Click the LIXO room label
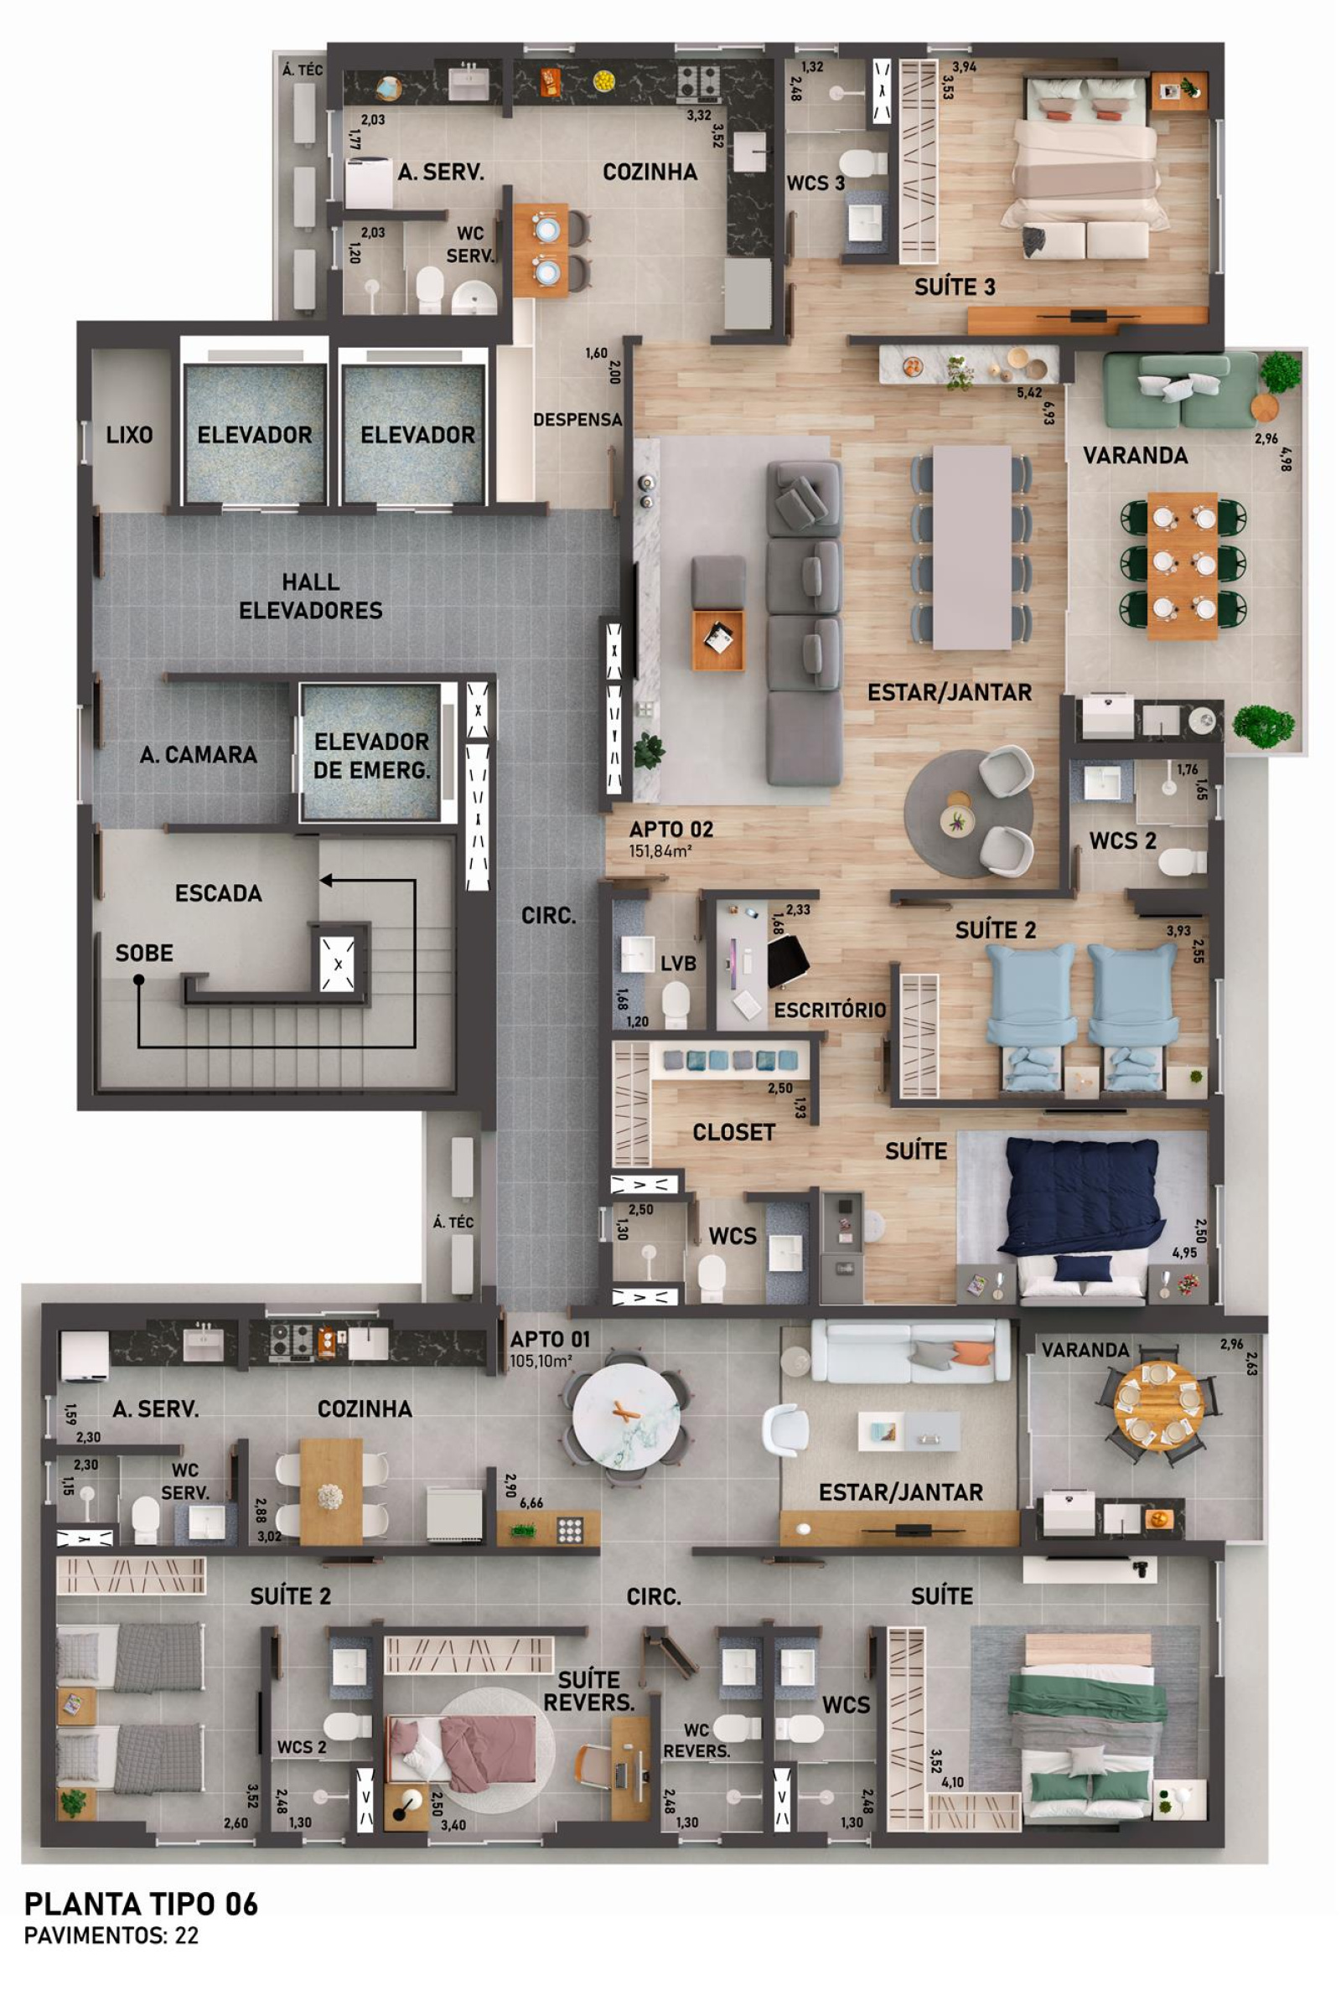click(x=129, y=434)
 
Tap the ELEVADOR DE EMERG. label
click(x=371, y=755)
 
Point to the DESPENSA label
click(x=578, y=420)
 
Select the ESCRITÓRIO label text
click(x=830, y=1010)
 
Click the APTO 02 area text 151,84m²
click(x=660, y=851)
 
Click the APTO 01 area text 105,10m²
click(x=541, y=1361)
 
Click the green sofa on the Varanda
click(x=1182, y=390)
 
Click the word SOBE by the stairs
click(x=144, y=953)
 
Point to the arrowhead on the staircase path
click(x=326, y=880)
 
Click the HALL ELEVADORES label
click(x=310, y=596)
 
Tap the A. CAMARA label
click(x=199, y=754)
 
